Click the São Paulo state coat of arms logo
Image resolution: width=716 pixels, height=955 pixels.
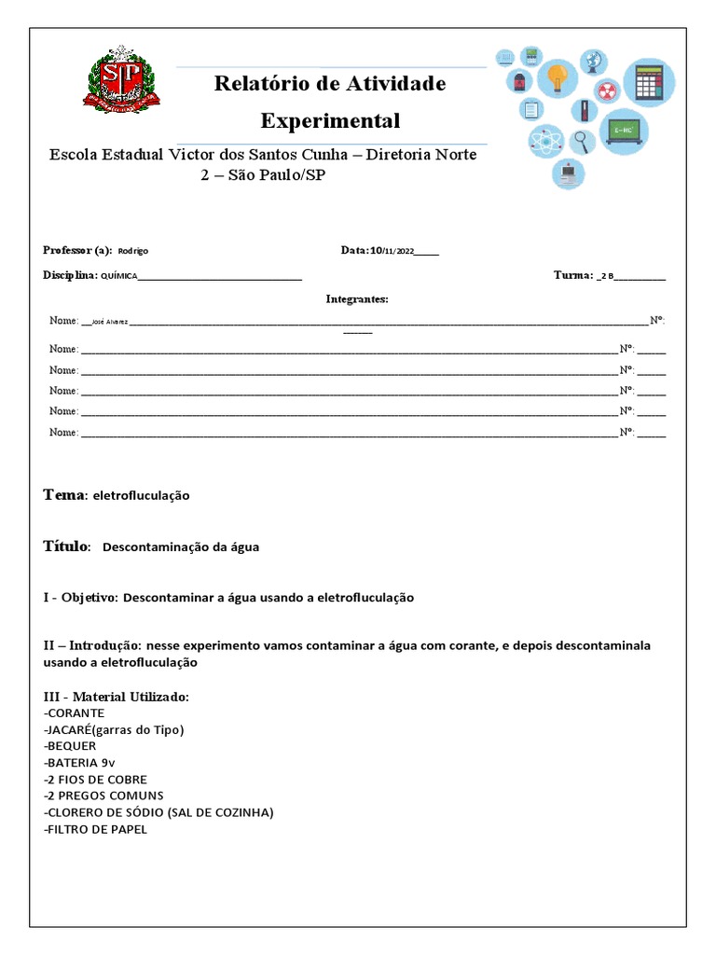[x=123, y=85]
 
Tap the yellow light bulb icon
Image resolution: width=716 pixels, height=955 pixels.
[x=558, y=77]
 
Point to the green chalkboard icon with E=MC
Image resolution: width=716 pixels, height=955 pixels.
[x=624, y=131]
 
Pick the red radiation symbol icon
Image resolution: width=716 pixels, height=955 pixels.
[x=607, y=92]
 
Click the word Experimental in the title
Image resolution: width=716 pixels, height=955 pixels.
[x=330, y=121]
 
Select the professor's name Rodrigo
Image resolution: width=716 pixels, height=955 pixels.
[x=133, y=251]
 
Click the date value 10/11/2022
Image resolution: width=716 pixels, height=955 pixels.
[x=392, y=251]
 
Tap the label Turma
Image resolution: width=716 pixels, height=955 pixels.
[x=572, y=275]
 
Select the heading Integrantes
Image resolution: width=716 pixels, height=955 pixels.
[x=357, y=299]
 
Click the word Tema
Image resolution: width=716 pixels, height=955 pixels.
[x=63, y=494]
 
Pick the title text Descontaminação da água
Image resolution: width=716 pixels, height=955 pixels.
[x=180, y=547]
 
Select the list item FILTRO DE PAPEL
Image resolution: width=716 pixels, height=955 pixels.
[x=95, y=829]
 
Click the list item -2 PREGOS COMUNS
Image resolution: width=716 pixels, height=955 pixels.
[x=103, y=796]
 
